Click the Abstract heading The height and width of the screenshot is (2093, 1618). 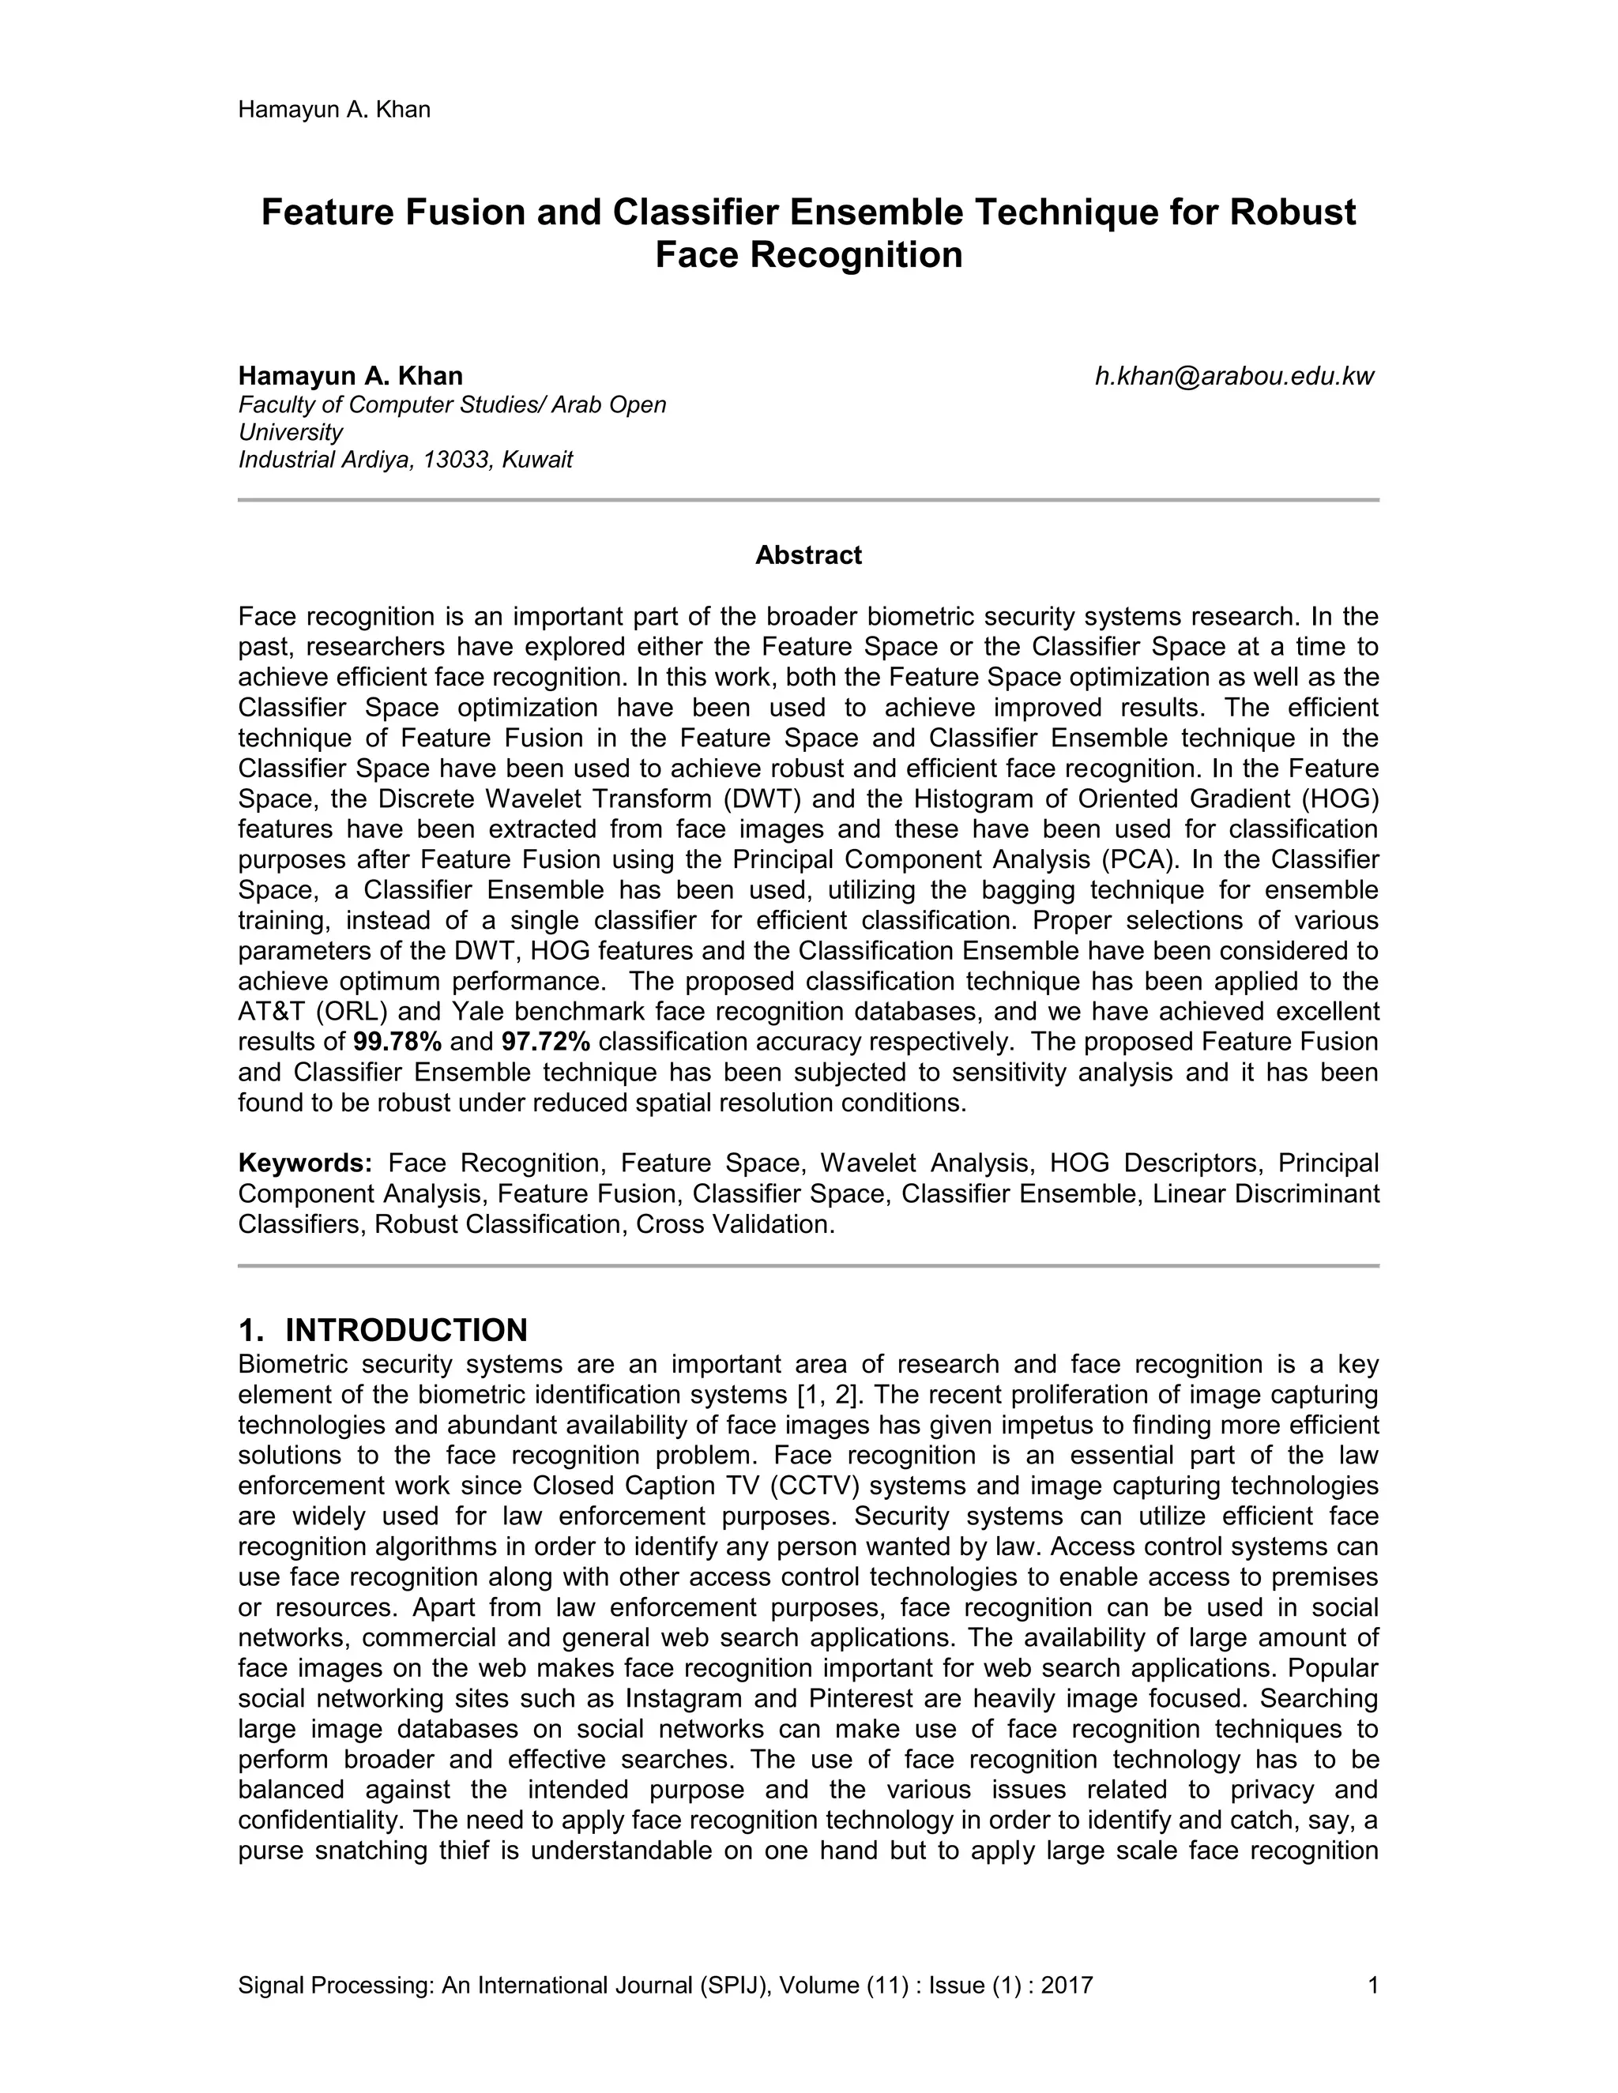click(808, 556)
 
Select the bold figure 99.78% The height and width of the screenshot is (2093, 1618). click(397, 1042)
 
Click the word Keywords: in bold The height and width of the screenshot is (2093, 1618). click(305, 1163)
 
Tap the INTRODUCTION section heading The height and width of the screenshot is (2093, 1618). click(405, 1330)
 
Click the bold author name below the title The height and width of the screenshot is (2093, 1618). click(350, 376)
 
